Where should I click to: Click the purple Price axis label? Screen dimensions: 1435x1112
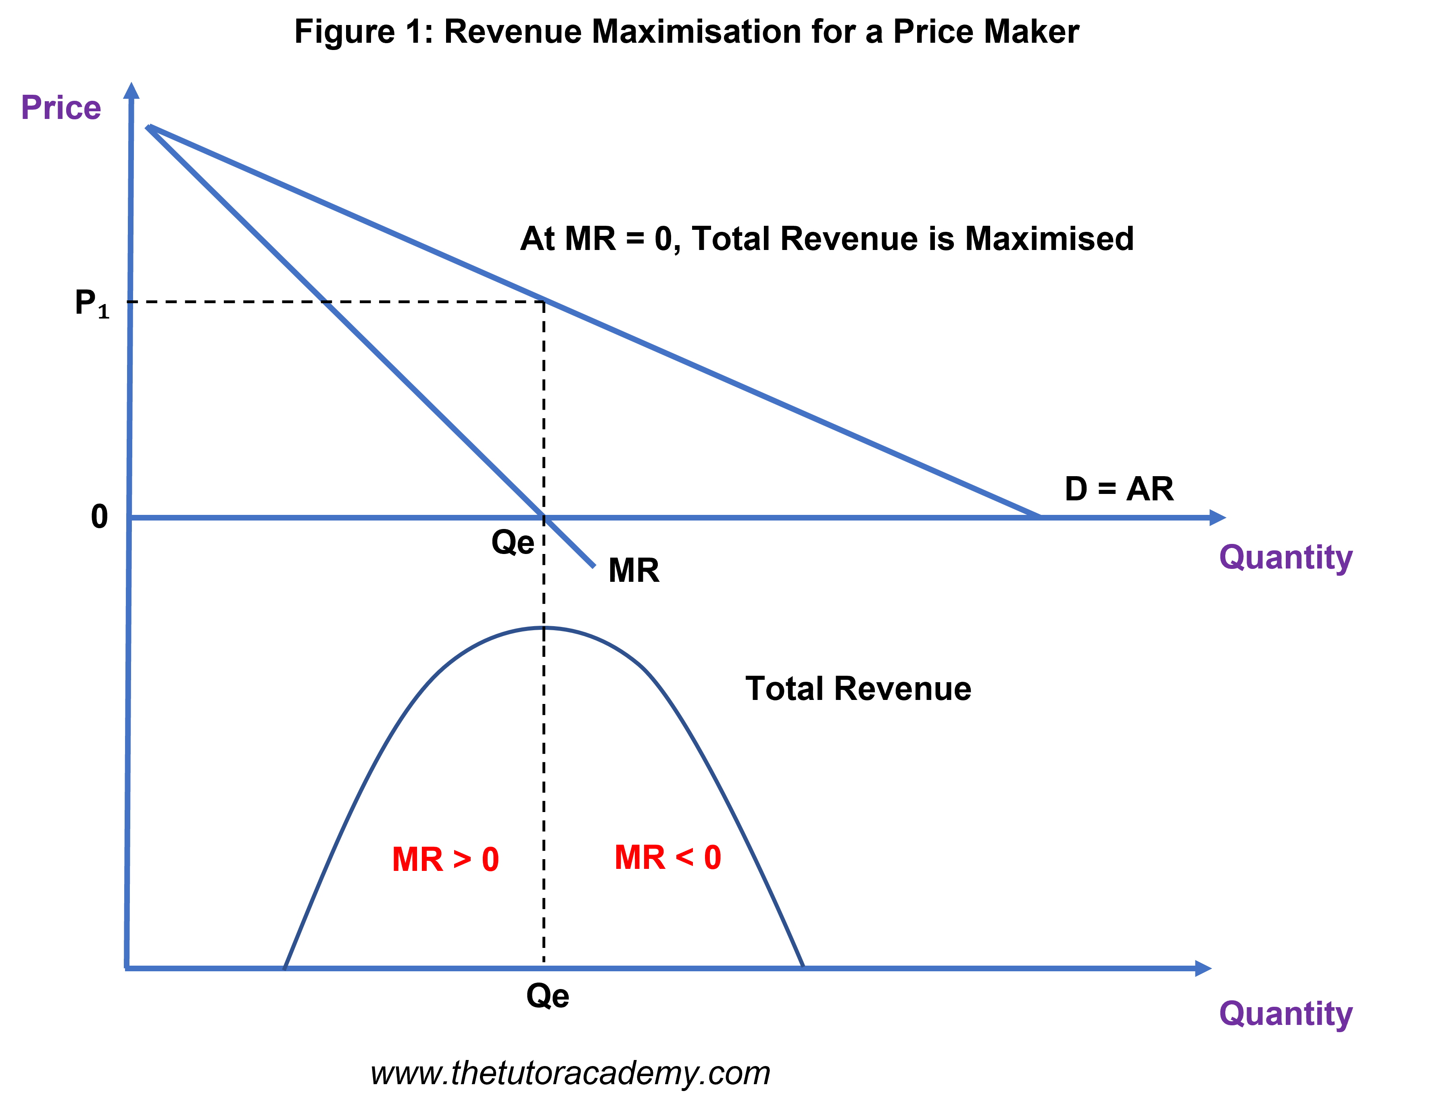tap(61, 108)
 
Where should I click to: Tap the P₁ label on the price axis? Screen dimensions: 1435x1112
tap(92, 304)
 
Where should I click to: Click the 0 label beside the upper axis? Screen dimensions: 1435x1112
tap(99, 517)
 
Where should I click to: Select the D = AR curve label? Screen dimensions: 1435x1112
tap(1119, 489)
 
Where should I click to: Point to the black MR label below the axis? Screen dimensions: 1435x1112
tap(633, 570)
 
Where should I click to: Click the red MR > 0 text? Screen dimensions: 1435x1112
tap(446, 860)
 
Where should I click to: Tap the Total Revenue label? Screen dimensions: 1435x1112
tap(858, 689)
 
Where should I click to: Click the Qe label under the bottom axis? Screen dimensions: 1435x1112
tap(547, 996)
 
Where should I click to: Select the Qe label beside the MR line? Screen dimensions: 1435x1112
tap(513, 543)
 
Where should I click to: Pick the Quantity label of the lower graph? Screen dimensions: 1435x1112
tap(1286, 1015)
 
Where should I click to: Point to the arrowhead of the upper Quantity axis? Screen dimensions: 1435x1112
tap(1218, 518)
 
